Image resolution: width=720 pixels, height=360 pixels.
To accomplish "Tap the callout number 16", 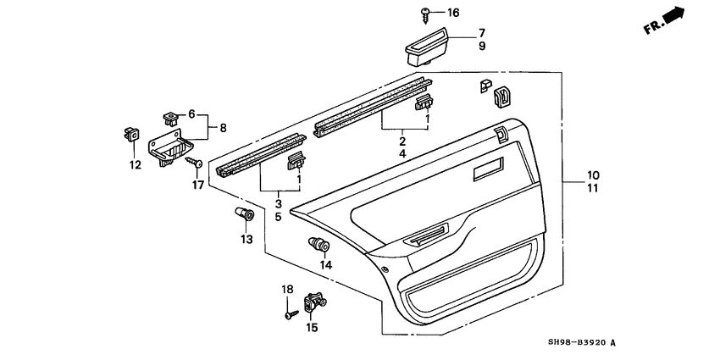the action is coord(453,13).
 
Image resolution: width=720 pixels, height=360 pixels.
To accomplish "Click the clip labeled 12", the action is coord(130,135).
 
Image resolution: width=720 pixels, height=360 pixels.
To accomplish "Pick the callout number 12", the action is coord(135,165).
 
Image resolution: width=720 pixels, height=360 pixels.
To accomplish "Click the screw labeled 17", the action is coord(194,162).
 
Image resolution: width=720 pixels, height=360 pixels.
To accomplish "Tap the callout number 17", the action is coord(198,186).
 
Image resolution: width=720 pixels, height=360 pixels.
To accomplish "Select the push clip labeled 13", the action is coord(245,214).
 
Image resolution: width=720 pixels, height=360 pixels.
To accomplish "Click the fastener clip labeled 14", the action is coord(319,244).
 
